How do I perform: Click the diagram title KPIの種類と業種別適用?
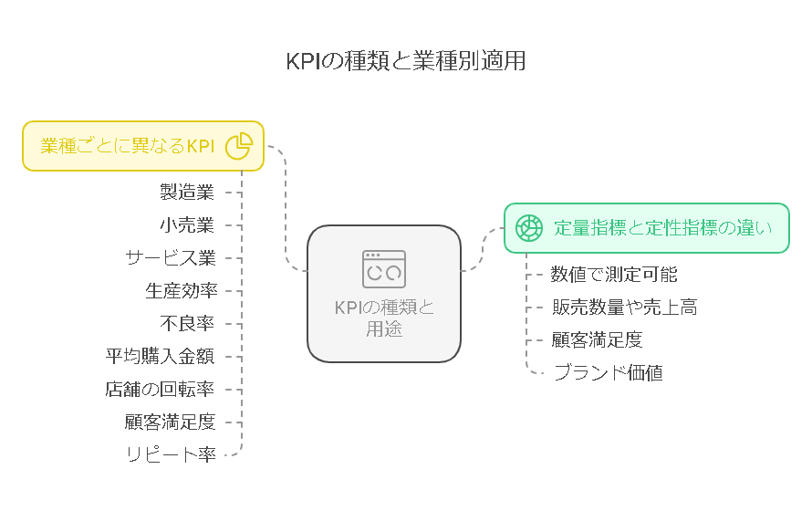point(406,60)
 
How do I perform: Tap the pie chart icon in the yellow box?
point(239,146)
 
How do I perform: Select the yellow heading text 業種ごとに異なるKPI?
point(128,146)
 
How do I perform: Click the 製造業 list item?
point(187,192)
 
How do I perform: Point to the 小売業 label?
point(187,225)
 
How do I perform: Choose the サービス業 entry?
point(171,258)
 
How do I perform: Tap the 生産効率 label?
point(182,290)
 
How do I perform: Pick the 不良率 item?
point(187,324)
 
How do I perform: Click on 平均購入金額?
point(160,356)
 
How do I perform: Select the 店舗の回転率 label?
point(160,390)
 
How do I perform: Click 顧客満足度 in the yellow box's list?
point(170,422)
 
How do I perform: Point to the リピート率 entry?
point(172,454)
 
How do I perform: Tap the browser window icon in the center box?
point(384,269)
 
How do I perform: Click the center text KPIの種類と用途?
point(384,318)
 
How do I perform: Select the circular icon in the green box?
point(529,228)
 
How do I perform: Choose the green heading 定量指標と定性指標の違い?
point(663,228)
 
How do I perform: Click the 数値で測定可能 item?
point(614,275)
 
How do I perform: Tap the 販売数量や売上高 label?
point(625,307)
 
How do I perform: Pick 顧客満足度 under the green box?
point(597,340)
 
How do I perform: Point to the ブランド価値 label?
point(609,373)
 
